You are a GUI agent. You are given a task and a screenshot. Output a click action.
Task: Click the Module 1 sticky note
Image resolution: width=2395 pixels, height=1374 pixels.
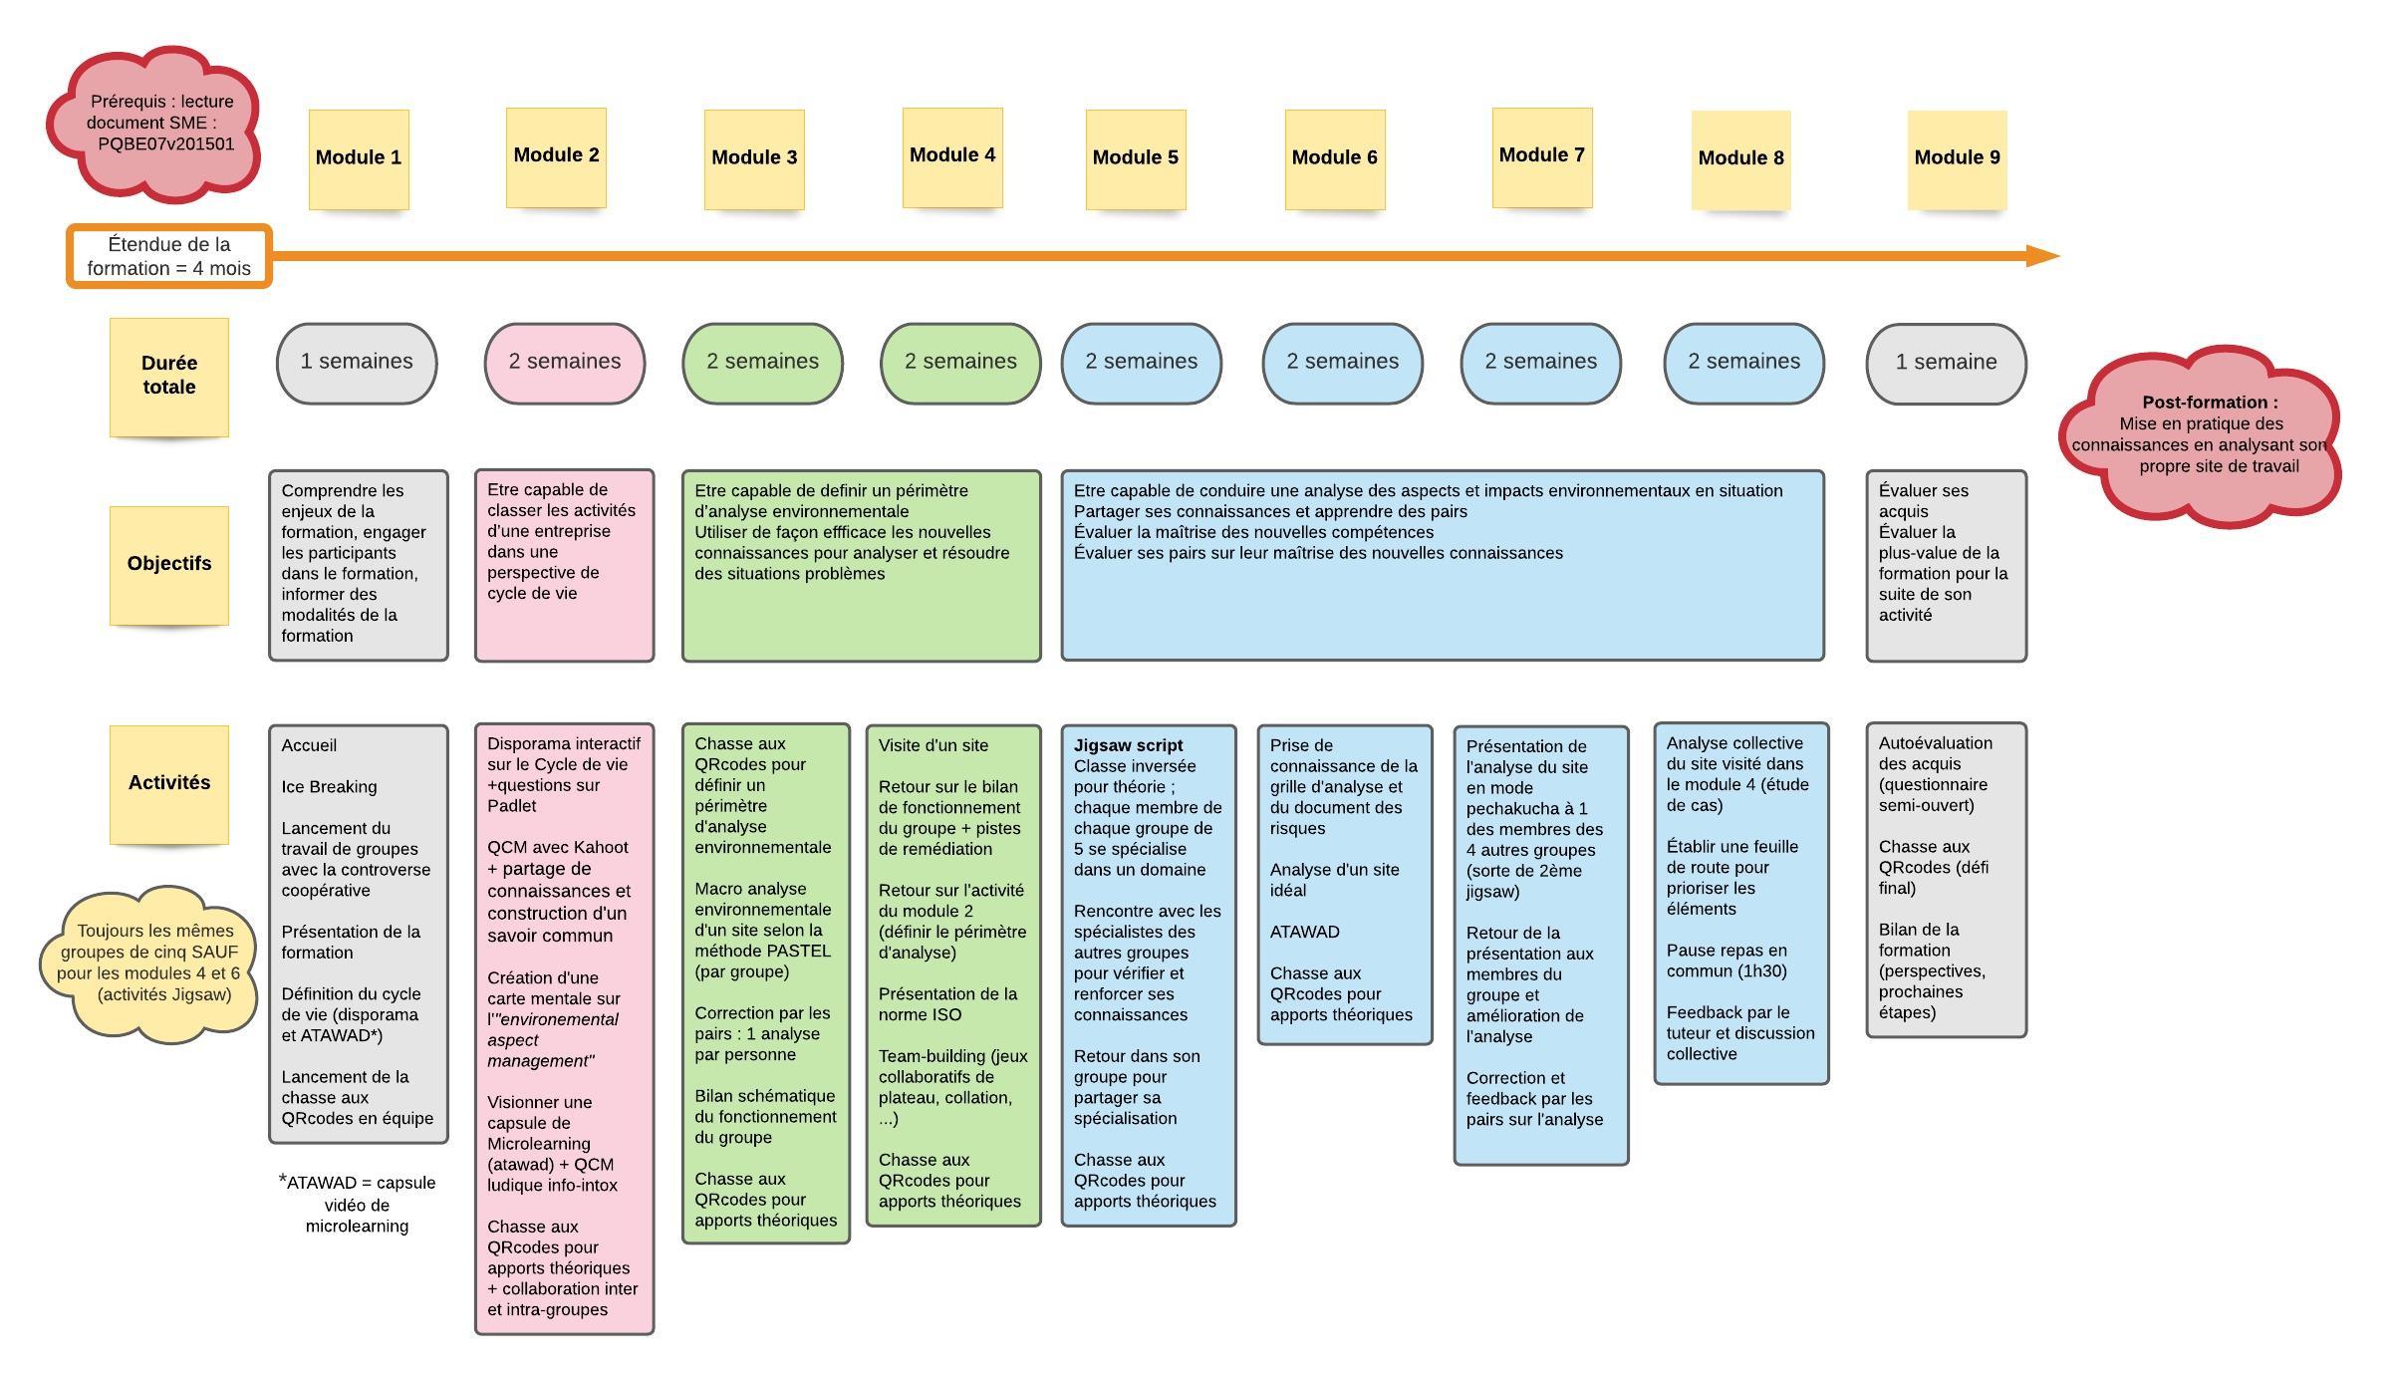click(x=359, y=159)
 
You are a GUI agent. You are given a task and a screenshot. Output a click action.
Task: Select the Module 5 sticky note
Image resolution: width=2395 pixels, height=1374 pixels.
click(x=1136, y=159)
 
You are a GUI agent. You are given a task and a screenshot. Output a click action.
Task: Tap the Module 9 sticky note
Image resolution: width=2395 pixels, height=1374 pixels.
click(x=1957, y=159)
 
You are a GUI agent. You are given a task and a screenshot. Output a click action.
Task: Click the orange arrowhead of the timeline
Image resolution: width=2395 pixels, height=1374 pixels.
click(x=2042, y=256)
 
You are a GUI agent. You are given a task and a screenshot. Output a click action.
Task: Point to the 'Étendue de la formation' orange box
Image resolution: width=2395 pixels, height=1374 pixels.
click(x=169, y=256)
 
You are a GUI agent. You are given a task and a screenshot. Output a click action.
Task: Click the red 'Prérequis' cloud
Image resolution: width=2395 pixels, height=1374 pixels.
click(x=154, y=122)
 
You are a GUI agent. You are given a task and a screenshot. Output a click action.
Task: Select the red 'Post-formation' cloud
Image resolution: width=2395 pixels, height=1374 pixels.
click(x=2200, y=434)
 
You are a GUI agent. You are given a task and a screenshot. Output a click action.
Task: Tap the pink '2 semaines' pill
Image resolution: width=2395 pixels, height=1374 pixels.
click(x=565, y=363)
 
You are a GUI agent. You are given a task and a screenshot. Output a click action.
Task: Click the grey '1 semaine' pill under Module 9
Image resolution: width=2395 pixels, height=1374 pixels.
click(x=1946, y=364)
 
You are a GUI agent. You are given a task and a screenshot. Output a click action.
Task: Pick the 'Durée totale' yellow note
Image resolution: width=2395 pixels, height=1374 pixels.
click(x=169, y=377)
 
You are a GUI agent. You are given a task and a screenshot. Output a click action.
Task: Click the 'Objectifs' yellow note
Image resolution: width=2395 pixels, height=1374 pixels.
click(x=169, y=565)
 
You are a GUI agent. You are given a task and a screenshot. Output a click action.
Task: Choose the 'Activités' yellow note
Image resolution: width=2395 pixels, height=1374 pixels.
click(x=169, y=784)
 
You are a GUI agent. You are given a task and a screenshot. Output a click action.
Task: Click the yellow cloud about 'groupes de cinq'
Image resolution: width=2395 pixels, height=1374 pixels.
click(x=149, y=963)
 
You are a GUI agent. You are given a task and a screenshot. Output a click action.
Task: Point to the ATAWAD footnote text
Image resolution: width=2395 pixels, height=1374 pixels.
click(x=358, y=1204)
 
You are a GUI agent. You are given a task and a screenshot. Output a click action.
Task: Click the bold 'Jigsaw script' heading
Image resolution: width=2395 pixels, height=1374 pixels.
click(x=1128, y=745)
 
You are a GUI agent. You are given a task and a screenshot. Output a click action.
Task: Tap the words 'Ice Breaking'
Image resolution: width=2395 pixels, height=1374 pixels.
click(x=329, y=787)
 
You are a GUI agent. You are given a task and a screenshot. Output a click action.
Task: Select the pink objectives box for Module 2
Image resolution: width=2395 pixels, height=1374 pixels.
click(x=565, y=565)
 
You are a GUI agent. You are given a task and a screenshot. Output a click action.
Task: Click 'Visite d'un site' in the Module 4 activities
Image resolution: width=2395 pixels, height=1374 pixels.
click(x=933, y=745)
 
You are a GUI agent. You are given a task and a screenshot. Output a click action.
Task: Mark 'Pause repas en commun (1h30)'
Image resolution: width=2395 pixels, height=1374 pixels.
click(x=1727, y=961)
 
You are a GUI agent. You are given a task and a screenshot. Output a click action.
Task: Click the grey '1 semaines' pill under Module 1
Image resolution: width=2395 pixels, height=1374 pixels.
click(x=357, y=363)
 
